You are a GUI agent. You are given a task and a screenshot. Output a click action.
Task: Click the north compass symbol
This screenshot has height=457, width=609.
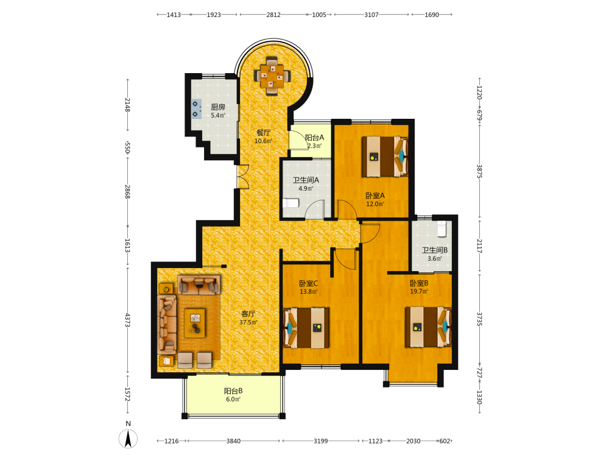(128, 438)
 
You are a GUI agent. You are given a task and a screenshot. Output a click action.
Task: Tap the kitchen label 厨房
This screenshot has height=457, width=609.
(218, 107)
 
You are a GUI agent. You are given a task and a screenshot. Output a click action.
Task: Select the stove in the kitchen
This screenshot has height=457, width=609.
(197, 108)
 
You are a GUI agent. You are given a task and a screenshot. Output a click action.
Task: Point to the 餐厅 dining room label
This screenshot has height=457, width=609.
(263, 132)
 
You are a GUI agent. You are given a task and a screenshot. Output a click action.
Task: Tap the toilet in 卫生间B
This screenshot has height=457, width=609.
(442, 228)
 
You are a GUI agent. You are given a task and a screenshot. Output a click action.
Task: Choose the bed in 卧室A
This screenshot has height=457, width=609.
(385, 156)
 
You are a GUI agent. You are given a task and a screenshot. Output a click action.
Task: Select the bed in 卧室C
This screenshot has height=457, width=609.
(306, 328)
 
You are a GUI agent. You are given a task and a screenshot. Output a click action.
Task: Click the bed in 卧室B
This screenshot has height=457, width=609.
(428, 327)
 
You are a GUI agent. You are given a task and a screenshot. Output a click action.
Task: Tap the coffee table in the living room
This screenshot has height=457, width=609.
(195, 323)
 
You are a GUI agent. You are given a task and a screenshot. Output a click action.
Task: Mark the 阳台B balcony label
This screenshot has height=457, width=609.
(233, 391)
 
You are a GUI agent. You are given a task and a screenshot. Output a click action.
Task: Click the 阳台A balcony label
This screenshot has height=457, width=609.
(314, 138)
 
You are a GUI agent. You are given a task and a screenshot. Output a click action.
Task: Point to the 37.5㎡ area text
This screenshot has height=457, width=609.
(248, 322)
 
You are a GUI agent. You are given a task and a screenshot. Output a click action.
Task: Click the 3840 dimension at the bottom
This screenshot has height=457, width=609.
(233, 441)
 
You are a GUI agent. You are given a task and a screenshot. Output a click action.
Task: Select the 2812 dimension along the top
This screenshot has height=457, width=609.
(273, 15)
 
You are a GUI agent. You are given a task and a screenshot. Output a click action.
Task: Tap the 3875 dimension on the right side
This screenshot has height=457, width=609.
(479, 171)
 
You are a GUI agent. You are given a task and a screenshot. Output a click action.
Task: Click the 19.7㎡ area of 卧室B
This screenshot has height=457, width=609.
(419, 291)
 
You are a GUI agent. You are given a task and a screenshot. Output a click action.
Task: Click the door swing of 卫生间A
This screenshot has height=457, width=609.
(314, 209)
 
